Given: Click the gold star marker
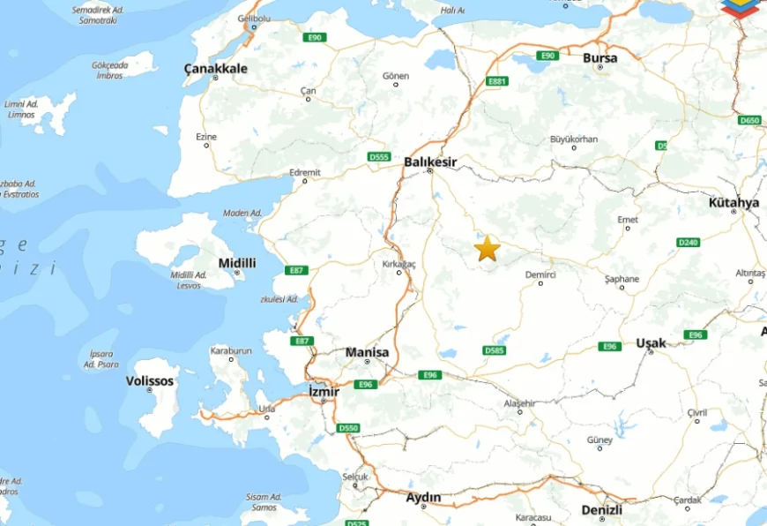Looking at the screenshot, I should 487,249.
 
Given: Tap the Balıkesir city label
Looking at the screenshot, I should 430,162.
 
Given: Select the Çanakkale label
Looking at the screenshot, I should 215,68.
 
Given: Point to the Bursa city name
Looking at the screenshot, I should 600,57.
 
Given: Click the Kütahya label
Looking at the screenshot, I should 733,202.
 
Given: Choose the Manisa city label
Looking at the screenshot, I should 367,352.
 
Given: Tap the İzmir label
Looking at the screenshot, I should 324,389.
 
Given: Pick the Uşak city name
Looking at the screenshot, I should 651,342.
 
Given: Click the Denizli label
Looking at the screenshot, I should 602,510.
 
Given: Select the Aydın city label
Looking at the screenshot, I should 423,498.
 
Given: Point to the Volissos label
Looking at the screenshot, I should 150,381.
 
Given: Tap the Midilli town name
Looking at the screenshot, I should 237,263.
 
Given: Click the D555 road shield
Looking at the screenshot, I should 379,157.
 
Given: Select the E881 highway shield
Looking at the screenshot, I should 498,81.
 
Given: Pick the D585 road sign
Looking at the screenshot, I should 495,350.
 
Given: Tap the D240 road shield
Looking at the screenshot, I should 688,242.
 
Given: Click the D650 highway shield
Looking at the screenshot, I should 749,120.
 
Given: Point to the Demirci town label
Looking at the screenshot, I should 540,274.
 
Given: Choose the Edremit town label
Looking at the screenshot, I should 306,172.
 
